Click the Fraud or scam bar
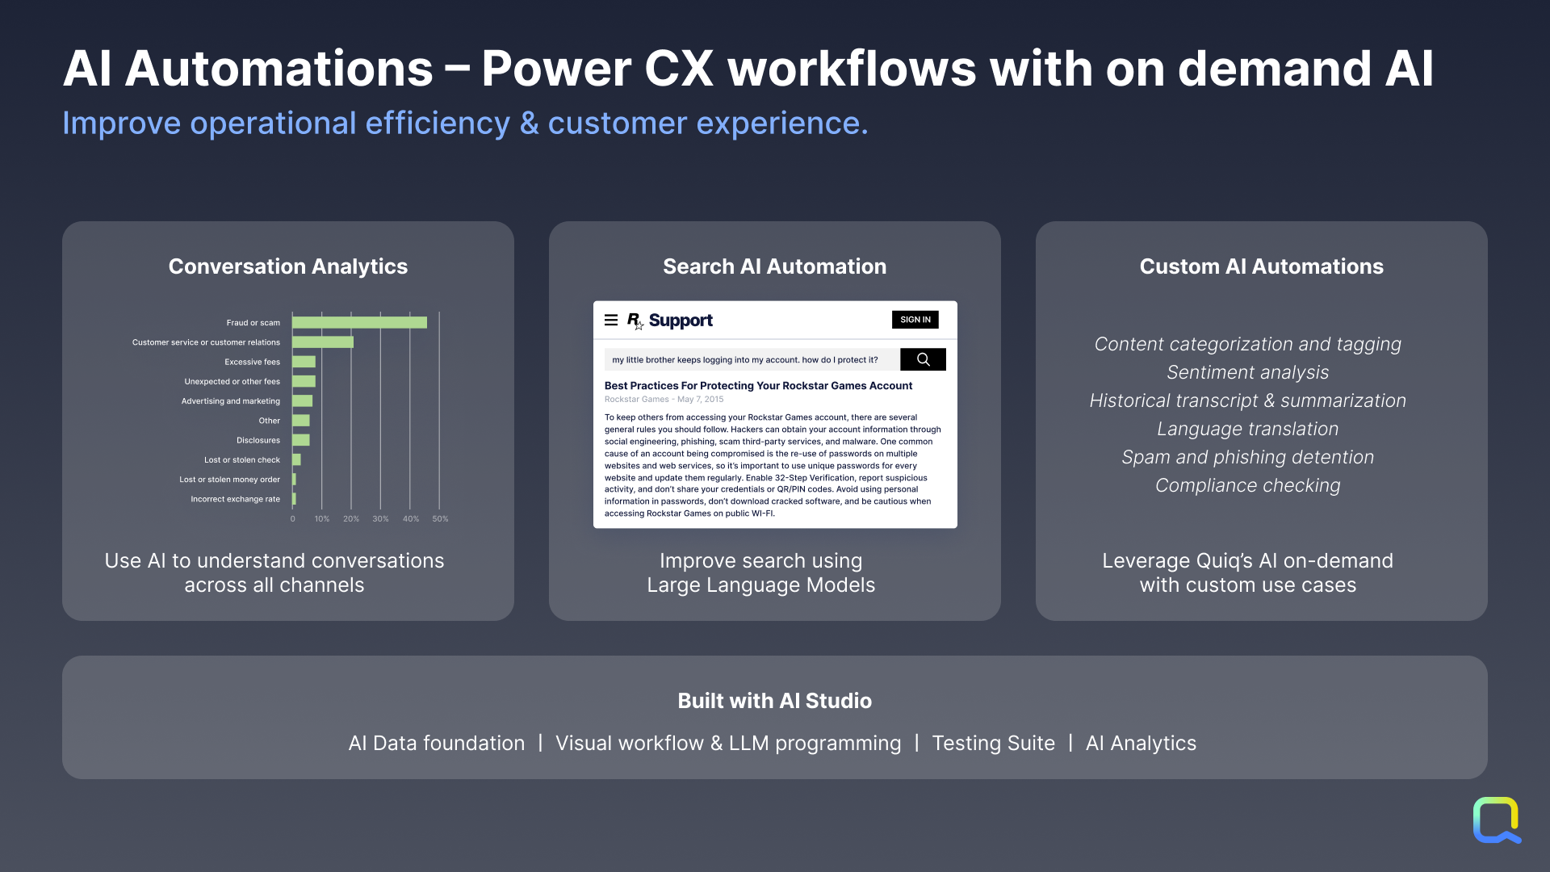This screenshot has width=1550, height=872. [359, 323]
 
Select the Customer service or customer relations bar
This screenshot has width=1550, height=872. [323, 342]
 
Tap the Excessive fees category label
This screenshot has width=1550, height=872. [252, 362]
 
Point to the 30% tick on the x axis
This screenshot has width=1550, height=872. [380, 519]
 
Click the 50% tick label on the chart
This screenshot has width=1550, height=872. [440, 519]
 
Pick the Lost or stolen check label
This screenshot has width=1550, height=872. [242, 460]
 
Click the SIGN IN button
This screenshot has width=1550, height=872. [915, 320]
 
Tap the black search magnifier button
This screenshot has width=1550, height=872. [923, 359]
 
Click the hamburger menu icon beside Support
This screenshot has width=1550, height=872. [611, 321]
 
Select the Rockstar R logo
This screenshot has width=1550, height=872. [635, 321]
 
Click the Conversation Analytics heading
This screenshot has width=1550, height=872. [288, 266]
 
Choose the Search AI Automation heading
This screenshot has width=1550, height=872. [775, 266]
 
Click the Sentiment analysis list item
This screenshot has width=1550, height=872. [1248, 372]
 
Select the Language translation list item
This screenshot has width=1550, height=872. [1248, 429]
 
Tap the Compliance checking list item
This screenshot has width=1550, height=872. [1248, 485]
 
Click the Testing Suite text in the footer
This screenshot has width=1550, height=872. [994, 743]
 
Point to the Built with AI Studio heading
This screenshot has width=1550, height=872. [775, 701]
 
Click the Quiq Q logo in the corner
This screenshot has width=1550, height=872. [1497, 820]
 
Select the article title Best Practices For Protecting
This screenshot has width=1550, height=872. [759, 386]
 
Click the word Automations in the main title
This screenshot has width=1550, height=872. [279, 69]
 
